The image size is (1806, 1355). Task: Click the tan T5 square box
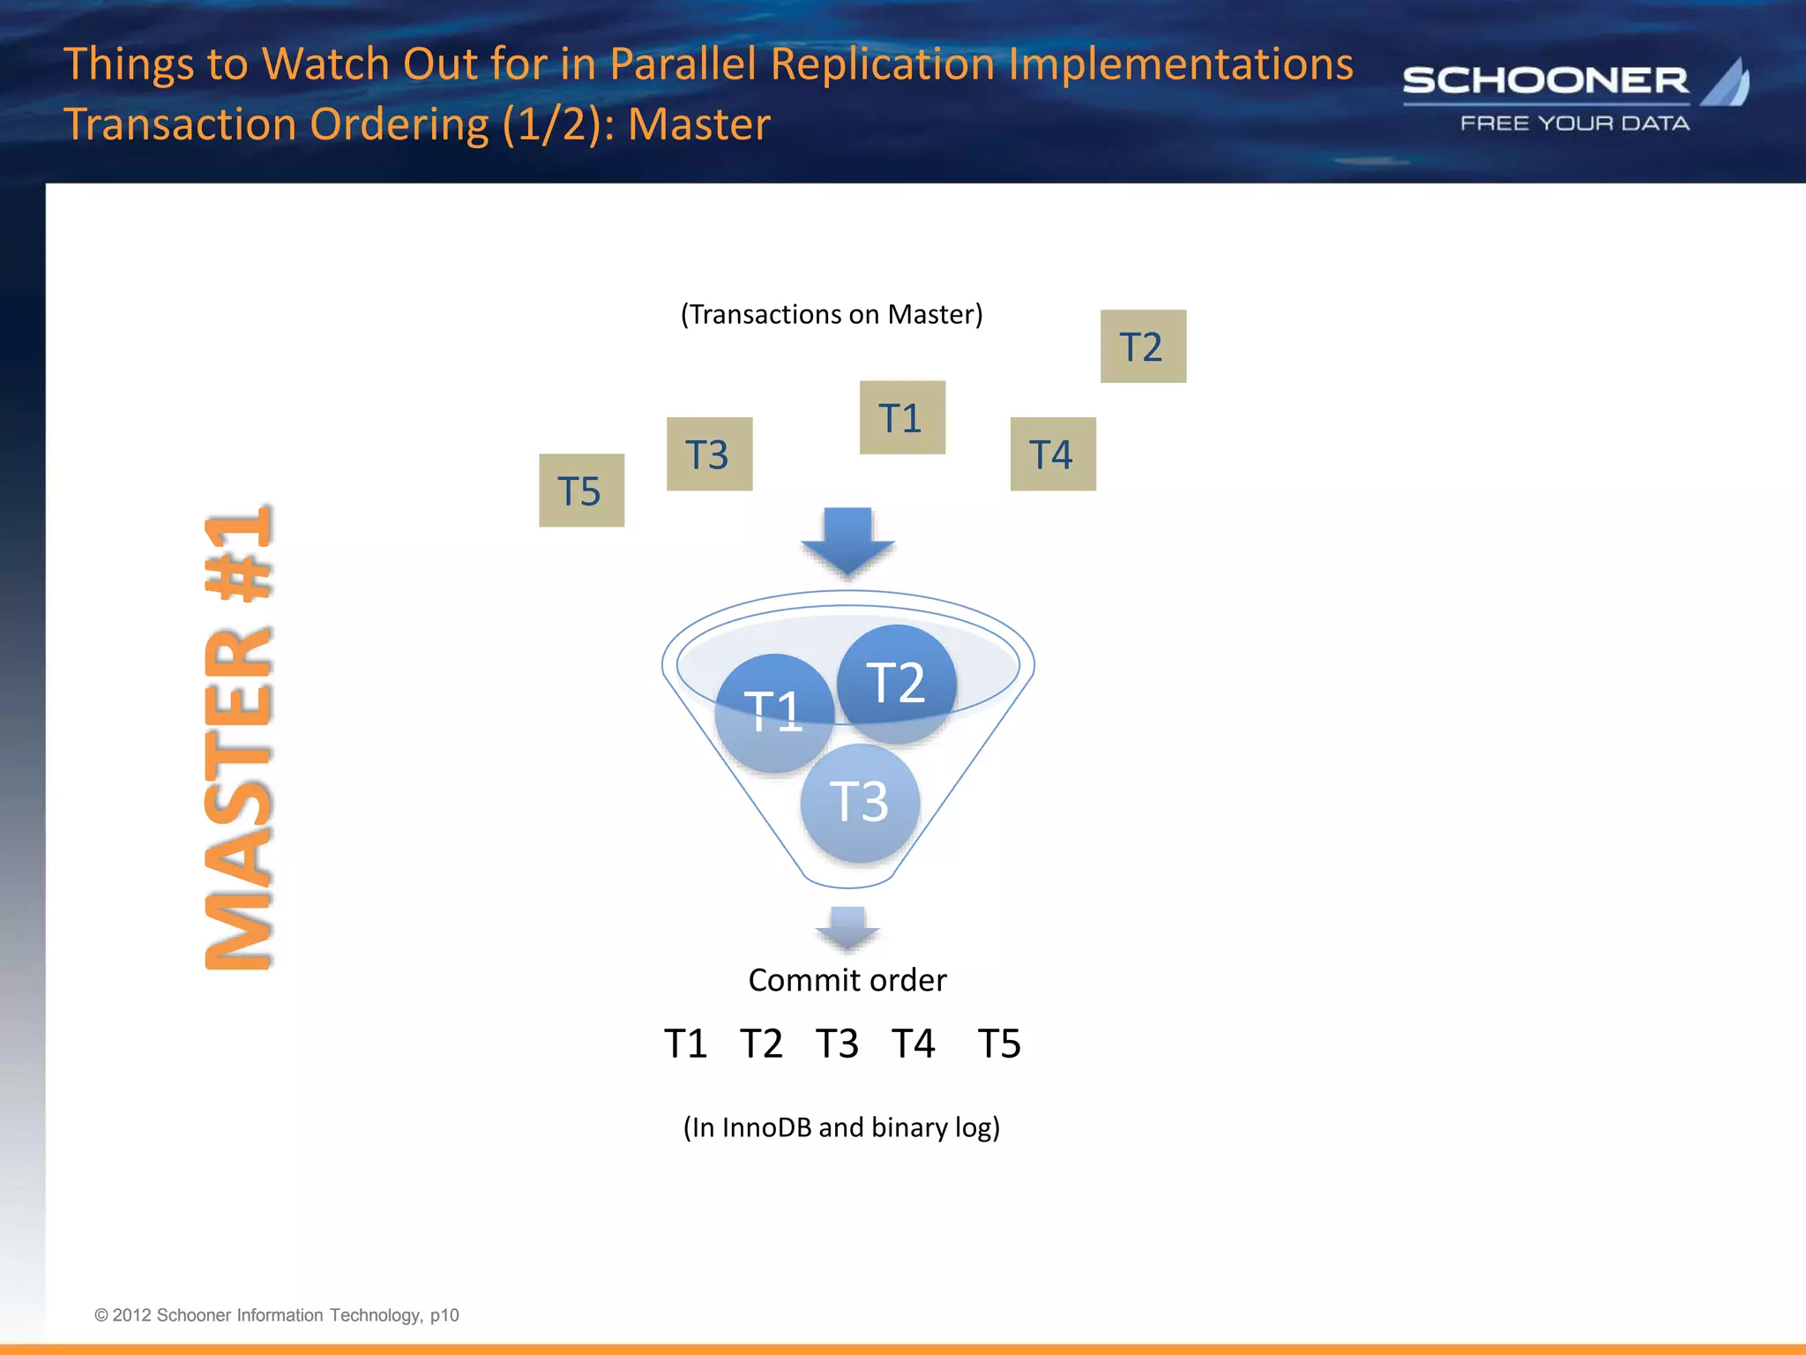pyautogui.click(x=581, y=490)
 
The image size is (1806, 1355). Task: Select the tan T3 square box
pyautogui.click(x=709, y=453)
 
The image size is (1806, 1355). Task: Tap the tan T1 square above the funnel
pyautogui.click(x=902, y=417)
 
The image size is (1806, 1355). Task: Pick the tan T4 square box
pyautogui.click(x=1053, y=453)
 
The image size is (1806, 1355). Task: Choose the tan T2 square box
pyautogui.click(x=1143, y=346)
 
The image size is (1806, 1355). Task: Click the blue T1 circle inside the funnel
pyautogui.click(x=772, y=713)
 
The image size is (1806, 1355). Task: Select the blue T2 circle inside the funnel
pyautogui.click(x=897, y=683)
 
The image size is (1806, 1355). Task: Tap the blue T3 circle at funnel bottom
pyautogui.click(x=860, y=803)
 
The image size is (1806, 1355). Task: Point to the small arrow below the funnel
pyautogui.click(x=847, y=928)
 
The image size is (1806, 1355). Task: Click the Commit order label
pyautogui.click(x=847, y=980)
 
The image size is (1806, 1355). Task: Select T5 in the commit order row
pyautogui.click(x=999, y=1044)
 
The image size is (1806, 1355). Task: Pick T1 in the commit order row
pyautogui.click(x=686, y=1044)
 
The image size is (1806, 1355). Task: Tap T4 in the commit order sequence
pyautogui.click(x=913, y=1044)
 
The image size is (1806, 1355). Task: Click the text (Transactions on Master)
pyautogui.click(x=831, y=314)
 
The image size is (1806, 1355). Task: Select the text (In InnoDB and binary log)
pyautogui.click(x=841, y=1127)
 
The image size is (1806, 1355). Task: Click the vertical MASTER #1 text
pyautogui.click(x=238, y=739)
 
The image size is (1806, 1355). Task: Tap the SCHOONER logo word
pyautogui.click(x=1545, y=81)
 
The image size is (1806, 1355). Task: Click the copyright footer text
pyautogui.click(x=276, y=1315)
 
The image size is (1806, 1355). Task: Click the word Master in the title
pyautogui.click(x=698, y=124)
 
